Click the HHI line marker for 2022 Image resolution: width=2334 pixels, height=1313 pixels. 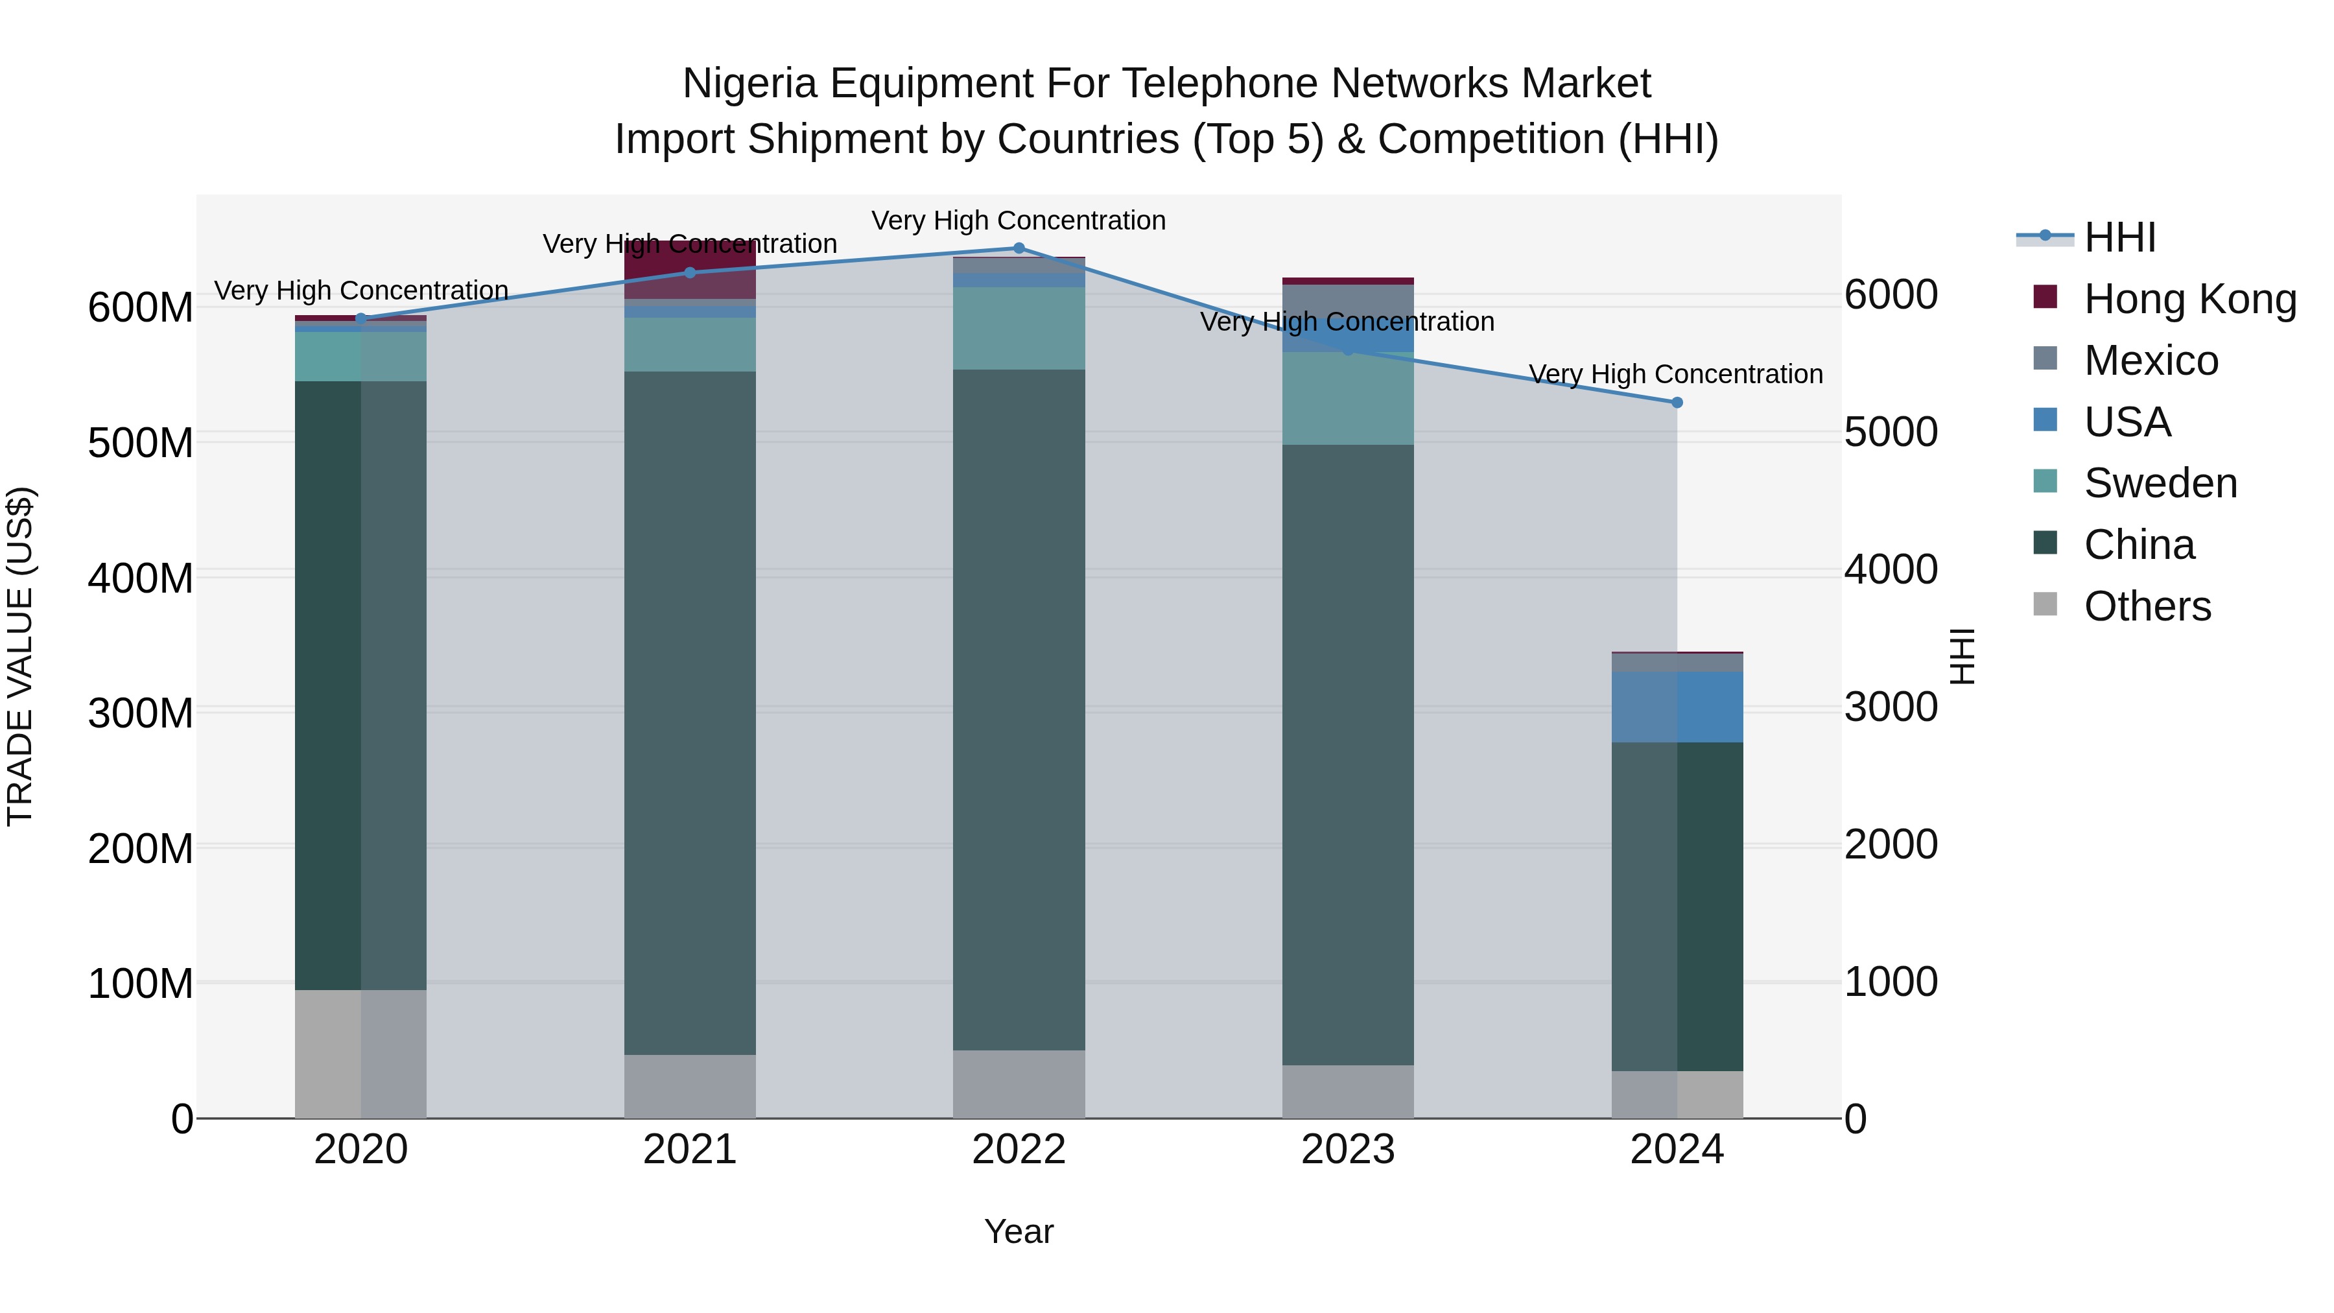tap(1019, 248)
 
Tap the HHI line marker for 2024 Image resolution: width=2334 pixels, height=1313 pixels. tap(1676, 402)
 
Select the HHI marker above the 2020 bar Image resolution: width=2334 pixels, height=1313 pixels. tap(360, 318)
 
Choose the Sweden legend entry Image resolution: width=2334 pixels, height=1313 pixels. tap(2160, 483)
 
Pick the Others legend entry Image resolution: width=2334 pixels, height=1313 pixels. tap(2147, 606)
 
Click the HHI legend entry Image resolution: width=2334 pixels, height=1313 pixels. tap(2119, 237)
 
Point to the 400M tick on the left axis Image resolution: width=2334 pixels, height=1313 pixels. tap(141, 577)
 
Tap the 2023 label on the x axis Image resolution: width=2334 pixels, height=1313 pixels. tap(1347, 1150)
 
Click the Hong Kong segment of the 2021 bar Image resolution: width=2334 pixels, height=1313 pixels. tap(690, 269)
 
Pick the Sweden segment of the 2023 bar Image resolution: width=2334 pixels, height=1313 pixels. tap(1347, 399)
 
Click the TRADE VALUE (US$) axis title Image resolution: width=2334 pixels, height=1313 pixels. tap(20, 656)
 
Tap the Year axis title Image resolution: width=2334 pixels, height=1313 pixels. tap(1019, 1231)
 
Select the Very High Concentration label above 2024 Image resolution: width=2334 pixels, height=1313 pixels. tap(1675, 374)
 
